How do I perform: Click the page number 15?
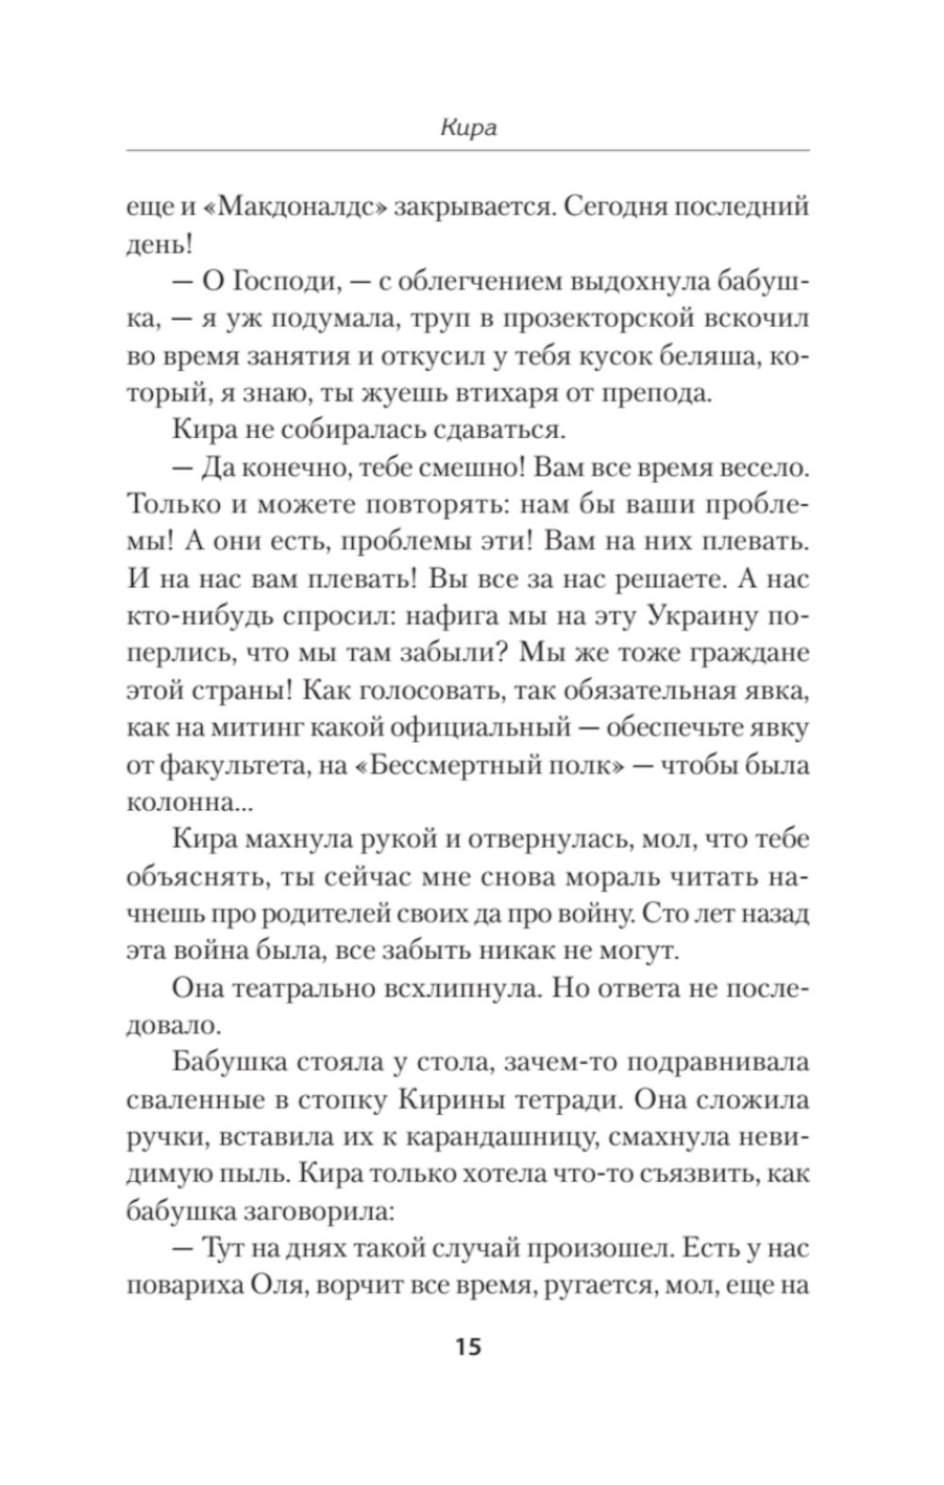click(x=468, y=1345)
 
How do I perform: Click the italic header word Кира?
click(x=468, y=128)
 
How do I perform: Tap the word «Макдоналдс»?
click(x=282, y=207)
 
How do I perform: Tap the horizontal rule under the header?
click(x=468, y=150)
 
